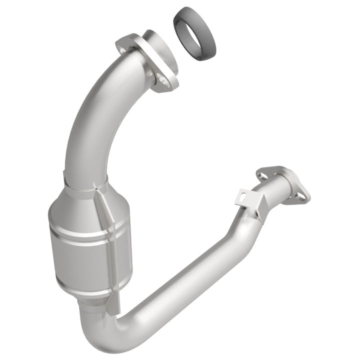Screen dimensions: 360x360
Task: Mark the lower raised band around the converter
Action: tap(87, 285)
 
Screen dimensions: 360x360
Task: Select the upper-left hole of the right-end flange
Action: tap(262, 175)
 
